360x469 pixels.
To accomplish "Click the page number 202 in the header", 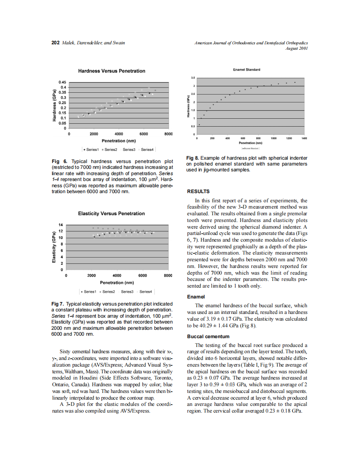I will tap(55, 43).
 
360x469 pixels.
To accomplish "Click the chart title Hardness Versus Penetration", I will tap(112, 71).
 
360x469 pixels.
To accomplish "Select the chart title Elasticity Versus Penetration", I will tap(112, 214).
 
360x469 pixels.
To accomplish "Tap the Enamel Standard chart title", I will tap(247, 70).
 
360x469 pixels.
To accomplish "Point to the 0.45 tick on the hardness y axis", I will tap(62, 82).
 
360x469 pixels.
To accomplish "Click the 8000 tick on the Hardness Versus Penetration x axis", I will tap(168, 134).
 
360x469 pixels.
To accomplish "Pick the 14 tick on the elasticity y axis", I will tap(60, 224).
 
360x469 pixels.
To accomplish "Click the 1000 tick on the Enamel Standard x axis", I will tap(274, 138).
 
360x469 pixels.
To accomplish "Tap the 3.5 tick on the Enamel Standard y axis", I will tap(193, 78).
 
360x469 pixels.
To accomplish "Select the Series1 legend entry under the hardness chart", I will tap(91, 149).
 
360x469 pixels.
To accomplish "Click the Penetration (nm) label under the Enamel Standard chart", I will tap(250, 143).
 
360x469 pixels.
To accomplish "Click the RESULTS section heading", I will tap(198, 191).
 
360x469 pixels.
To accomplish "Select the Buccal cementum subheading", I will tap(208, 336).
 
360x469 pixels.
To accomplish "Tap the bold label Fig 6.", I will tap(59, 161).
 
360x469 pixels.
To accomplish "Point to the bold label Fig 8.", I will tap(194, 158).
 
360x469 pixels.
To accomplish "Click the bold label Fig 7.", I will tap(58, 303).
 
